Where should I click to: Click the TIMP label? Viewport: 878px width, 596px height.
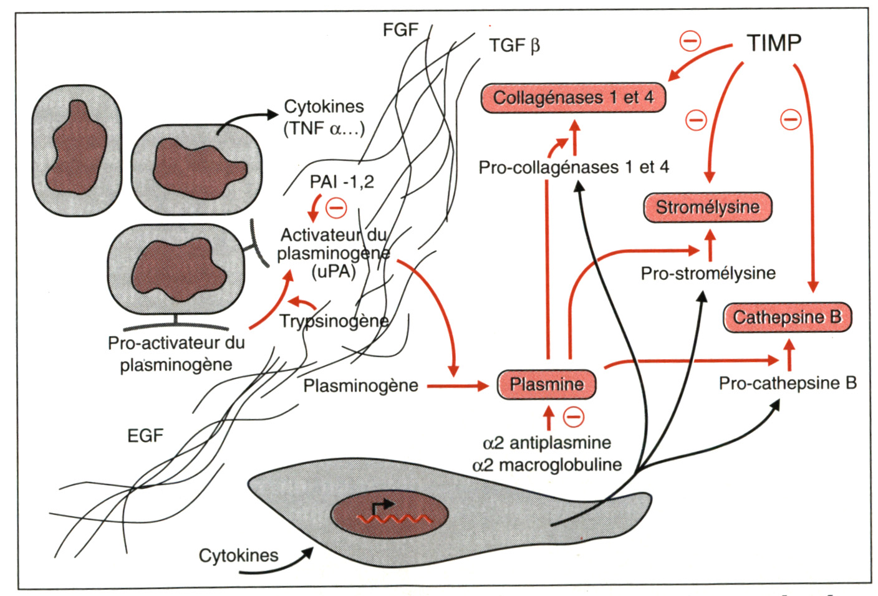(774, 43)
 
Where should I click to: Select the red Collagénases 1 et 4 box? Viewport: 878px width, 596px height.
(572, 98)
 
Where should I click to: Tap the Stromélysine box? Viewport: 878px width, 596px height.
(708, 207)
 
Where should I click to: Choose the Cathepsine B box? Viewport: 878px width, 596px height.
(787, 317)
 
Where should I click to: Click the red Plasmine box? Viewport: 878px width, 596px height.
(546, 384)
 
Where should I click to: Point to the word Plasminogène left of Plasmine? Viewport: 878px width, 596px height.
(360, 386)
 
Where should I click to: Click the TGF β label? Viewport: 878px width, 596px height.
(514, 46)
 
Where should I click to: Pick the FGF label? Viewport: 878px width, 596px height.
(400, 29)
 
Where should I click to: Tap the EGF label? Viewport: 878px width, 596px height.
(145, 436)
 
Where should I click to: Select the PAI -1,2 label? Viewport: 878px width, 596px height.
(342, 182)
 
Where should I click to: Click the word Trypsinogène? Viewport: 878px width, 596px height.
(334, 321)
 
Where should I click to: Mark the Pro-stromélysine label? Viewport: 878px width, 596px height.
(708, 273)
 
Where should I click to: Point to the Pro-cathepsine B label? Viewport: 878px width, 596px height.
(788, 383)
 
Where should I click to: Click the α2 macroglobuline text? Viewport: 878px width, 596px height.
(547, 465)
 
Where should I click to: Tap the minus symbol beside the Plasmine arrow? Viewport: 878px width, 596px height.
(574, 416)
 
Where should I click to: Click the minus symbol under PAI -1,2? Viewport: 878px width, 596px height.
(337, 208)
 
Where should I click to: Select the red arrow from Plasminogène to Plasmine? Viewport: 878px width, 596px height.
(458, 386)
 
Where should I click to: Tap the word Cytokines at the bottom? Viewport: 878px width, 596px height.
(238, 555)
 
